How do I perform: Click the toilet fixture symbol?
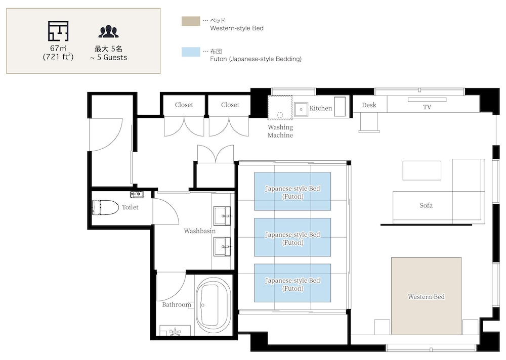pyautogui.click(x=106, y=207)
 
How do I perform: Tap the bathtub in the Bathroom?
pyautogui.click(x=213, y=305)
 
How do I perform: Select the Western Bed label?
pyautogui.click(x=426, y=297)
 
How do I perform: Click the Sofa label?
pyautogui.click(x=426, y=205)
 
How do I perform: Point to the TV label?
pyautogui.click(x=427, y=107)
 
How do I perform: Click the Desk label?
pyautogui.click(x=369, y=105)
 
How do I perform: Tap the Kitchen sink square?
pyautogui.click(x=301, y=109)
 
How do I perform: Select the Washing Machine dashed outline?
pyautogui.click(x=280, y=107)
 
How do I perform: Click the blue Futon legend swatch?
pyautogui.click(x=191, y=52)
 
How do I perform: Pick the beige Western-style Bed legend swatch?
pyautogui.click(x=191, y=21)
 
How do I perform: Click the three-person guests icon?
pyautogui.click(x=108, y=32)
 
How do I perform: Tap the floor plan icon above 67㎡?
pyautogui.click(x=58, y=31)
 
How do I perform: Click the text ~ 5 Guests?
pyautogui.click(x=109, y=58)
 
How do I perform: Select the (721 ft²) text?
pyautogui.click(x=58, y=57)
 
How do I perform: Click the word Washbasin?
pyautogui.click(x=200, y=231)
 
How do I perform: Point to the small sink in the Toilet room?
pyautogui.click(x=137, y=195)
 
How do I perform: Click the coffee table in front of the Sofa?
pyautogui.click(x=422, y=170)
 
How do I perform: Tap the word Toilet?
pyautogui.click(x=130, y=207)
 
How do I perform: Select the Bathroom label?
pyautogui.click(x=177, y=304)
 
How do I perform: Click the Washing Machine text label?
pyautogui.click(x=280, y=131)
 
